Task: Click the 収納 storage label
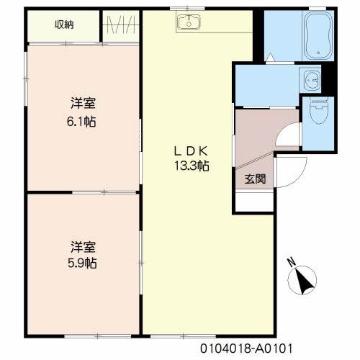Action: point(64,24)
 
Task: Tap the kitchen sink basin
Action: point(189,22)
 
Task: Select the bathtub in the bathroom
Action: point(318,35)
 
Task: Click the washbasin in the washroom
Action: point(311,79)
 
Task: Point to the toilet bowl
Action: point(318,110)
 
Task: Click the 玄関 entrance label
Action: point(255,179)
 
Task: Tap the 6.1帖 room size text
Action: point(81,122)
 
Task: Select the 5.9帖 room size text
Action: point(82,263)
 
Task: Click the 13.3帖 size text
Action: point(192,166)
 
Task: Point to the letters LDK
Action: point(191,151)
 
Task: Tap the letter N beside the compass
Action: point(292,262)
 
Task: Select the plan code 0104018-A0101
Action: point(246,348)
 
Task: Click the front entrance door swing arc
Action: point(300,177)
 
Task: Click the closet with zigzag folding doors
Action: point(121,25)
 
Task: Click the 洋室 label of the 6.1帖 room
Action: point(83,103)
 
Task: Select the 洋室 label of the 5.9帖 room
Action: point(83,247)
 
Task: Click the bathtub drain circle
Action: point(318,53)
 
